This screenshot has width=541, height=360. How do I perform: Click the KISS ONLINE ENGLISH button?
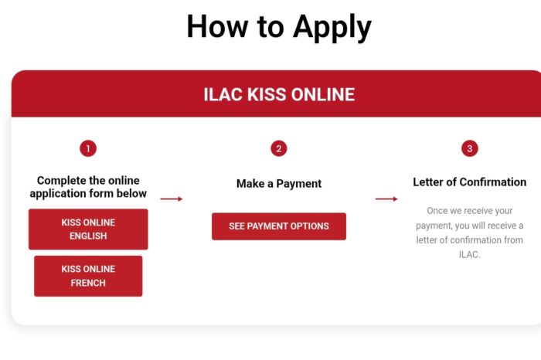88,229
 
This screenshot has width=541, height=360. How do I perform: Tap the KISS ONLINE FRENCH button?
88,276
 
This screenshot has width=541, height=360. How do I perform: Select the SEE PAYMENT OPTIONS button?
279,226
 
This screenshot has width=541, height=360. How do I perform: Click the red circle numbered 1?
88,148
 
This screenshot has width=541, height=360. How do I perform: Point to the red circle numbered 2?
279,148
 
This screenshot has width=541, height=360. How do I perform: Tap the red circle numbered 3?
470,148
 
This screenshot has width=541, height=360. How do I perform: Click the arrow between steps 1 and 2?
172,199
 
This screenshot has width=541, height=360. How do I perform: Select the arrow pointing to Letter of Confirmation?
386,199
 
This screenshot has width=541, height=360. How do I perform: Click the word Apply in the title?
332,28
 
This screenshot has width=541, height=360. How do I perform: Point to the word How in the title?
217,26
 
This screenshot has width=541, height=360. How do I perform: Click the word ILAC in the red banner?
223,94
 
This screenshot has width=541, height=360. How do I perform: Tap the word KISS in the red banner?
267,94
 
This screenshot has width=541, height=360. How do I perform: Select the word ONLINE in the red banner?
323,94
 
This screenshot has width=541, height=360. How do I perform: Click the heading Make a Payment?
279,183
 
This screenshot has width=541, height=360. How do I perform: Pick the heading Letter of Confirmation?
470,182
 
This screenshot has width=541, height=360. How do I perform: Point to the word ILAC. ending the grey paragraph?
470,254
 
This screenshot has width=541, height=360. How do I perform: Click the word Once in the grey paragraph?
437,211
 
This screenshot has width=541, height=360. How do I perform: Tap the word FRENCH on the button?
88,283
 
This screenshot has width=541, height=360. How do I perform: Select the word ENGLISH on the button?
88,236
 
